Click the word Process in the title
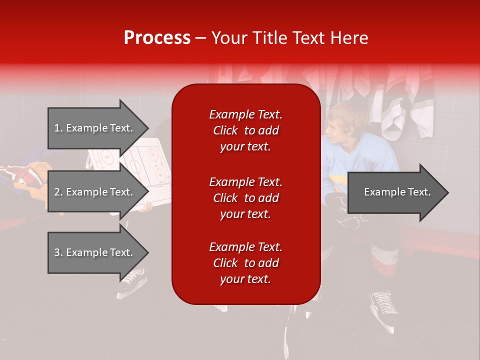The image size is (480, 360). tap(157, 38)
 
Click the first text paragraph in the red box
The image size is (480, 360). tap(245, 130)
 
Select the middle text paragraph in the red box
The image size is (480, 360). tap(245, 198)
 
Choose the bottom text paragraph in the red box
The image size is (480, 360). tap(245, 263)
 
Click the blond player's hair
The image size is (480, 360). tap(345, 113)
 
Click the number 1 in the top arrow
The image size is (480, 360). tap(57, 128)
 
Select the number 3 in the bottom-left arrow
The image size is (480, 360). tap(57, 252)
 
